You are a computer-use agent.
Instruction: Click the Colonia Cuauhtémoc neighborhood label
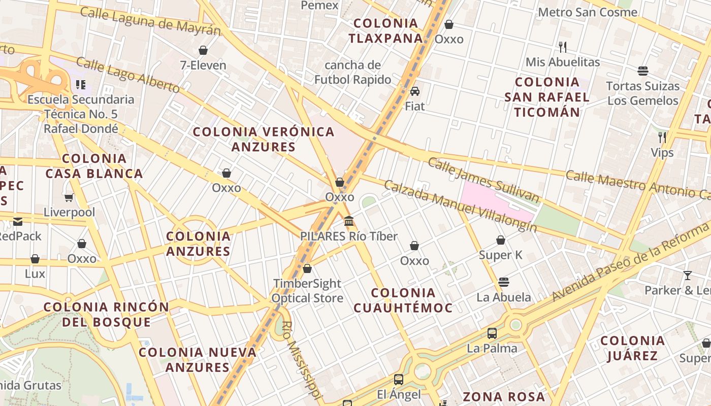pos(403,300)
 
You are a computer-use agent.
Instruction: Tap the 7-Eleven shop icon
pos(203,50)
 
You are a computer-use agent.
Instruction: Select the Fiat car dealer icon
pos(415,91)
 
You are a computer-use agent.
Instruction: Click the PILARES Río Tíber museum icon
pos(349,221)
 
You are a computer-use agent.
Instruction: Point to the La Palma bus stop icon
pos(492,333)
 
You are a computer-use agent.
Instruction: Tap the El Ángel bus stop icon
pos(399,379)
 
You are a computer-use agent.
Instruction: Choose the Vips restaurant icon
pos(662,137)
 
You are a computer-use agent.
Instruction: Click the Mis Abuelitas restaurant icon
pos(563,47)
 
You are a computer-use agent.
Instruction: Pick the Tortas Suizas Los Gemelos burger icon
pos(643,71)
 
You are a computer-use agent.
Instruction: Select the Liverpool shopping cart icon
pos(69,197)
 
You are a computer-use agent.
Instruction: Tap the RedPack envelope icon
pos(18,221)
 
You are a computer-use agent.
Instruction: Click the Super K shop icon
pos(501,240)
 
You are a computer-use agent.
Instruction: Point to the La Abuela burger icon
pos(504,282)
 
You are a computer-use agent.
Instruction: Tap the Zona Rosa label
pos(504,397)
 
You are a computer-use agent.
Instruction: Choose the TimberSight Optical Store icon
pos(307,268)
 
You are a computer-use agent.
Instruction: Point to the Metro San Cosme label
pos(588,12)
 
